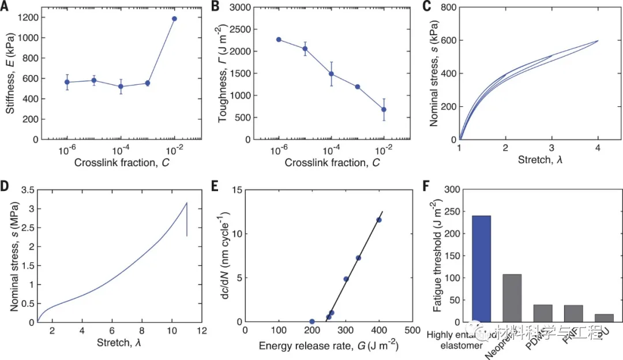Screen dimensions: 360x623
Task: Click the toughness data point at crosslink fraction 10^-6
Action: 279,39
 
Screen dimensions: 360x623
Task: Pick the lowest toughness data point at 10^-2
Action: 384,109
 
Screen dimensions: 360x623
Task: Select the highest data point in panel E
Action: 379,220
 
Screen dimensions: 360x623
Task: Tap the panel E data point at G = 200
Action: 312,321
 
